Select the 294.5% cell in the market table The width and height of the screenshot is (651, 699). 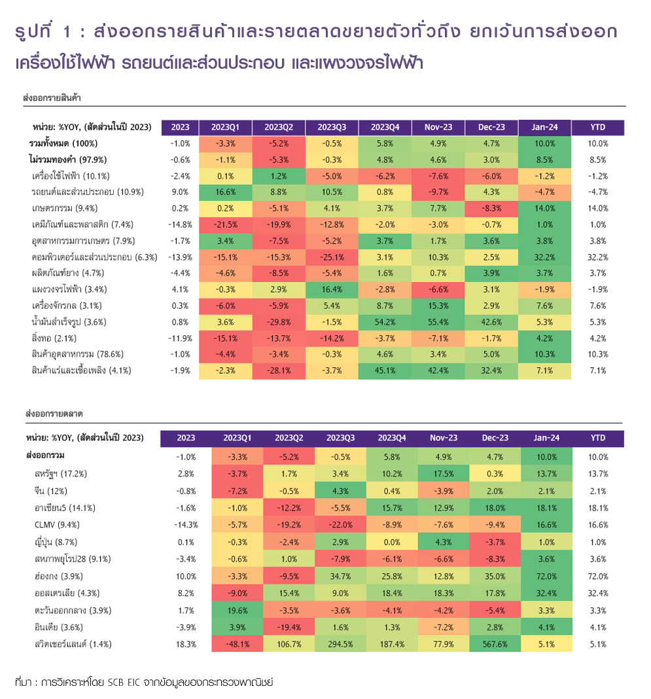pyautogui.click(x=340, y=643)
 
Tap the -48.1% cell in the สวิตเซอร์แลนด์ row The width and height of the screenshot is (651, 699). pyautogui.click(x=236, y=643)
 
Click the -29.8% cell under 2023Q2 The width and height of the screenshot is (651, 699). pyautogui.click(x=279, y=322)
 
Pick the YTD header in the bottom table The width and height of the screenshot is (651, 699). pyautogui.click(x=598, y=438)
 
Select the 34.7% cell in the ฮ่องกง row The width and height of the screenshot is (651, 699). pyautogui.click(x=340, y=576)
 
